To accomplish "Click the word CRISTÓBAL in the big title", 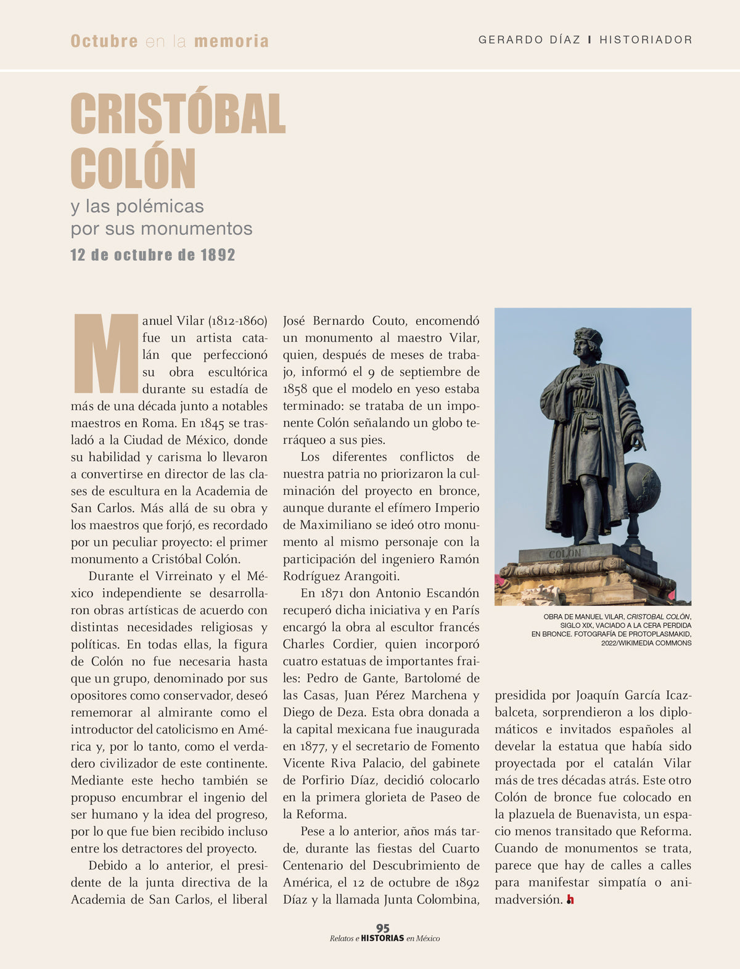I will pos(178,114).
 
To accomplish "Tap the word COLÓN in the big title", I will pos(133,168).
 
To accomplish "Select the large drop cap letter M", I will pos(105,353).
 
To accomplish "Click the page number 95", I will pos(383,928).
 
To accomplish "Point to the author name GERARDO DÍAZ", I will pos(529,40).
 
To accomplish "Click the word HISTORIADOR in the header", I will pos(646,40).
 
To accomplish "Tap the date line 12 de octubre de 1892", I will pos(153,255).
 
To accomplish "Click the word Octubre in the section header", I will pos(104,41).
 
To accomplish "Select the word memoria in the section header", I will pos(231,41).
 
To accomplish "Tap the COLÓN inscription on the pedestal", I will pos(565,554).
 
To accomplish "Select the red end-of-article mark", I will pos(570,900).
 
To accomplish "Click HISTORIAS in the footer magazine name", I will pos(382,938).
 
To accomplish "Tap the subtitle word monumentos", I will pos(196,229).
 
